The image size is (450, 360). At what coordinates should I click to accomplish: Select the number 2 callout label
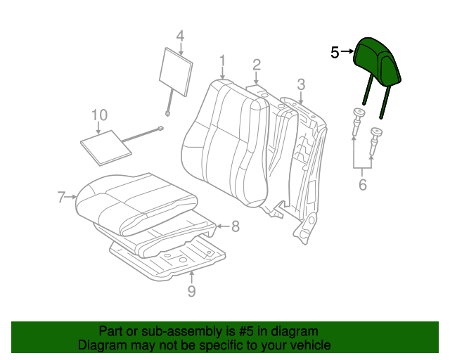[x=257, y=65]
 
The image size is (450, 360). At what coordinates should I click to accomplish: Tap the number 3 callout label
[x=300, y=85]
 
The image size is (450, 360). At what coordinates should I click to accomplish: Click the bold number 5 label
[x=335, y=52]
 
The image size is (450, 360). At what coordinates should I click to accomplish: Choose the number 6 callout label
[x=363, y=185]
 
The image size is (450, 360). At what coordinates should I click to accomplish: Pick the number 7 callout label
[x=61, y=197]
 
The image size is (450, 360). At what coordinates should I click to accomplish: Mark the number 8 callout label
[x=236, y=226]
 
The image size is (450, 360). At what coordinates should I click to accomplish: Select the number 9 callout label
[x=191, y=291]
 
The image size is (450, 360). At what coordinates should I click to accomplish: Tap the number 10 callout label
[x=99, y=115]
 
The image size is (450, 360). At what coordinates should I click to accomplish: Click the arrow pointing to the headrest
[x=347, y=52]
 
